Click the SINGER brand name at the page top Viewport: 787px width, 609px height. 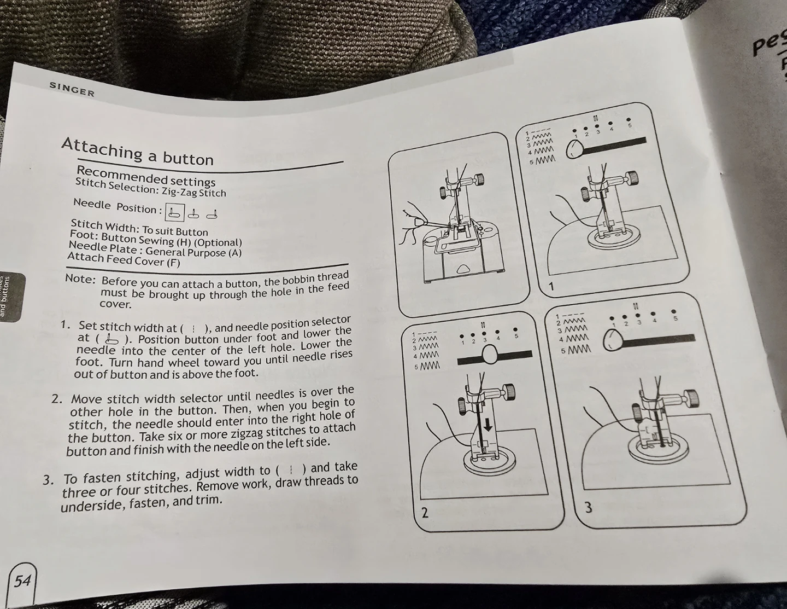(72, 89)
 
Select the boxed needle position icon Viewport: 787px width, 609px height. (175, 212)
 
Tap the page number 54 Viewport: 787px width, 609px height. (23, 581)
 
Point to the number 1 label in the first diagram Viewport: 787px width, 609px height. (551, 287)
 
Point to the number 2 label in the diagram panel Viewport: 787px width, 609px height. (425, 513)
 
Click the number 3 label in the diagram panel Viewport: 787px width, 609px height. (589, 508)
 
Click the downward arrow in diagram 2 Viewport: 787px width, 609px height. (488, 425)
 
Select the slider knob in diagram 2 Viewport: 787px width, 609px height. (490, 355)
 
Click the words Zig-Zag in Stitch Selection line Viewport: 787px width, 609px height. (179, 191)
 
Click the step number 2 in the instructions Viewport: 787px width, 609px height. (56, 399)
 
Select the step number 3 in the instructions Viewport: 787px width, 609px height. (48, 480)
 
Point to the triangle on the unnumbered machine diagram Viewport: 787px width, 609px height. (463, 269)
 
